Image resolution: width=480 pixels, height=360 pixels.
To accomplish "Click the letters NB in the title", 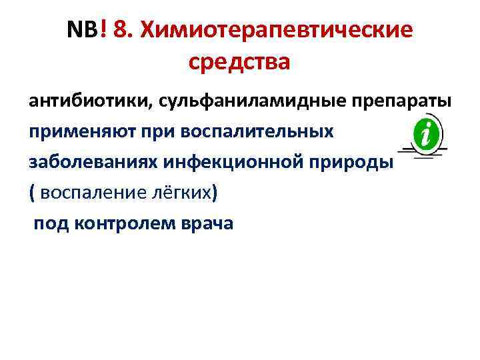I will pyautogui.click(x=83, y=30).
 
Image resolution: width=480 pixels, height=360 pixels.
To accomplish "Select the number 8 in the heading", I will pyautogui.click(x=121, y=30).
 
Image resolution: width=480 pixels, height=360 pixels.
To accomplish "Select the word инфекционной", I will pyautogui.click(x=235, y=162).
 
